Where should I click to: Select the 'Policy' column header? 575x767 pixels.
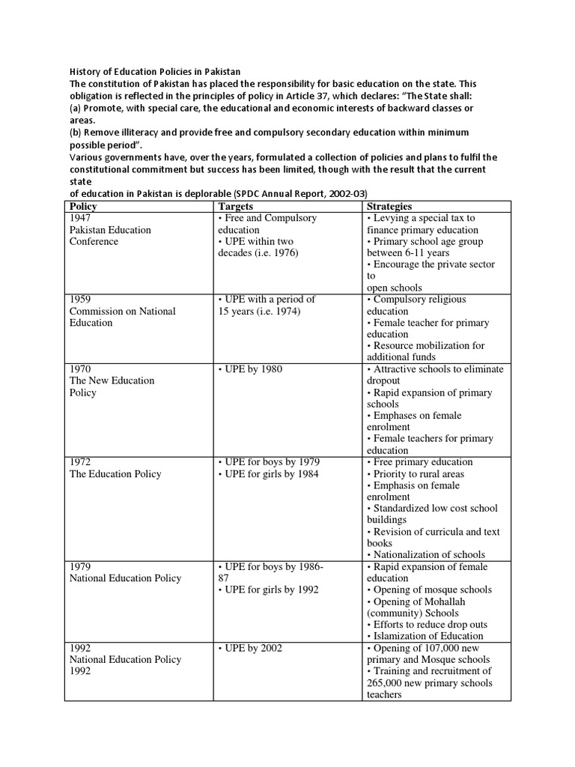coord(83,206)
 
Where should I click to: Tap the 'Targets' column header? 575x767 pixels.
coord(235,206)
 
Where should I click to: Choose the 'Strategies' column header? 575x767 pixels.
coord(389,206)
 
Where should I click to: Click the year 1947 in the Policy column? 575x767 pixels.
coord(81,218)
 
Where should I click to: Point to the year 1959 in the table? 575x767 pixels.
coord(81,299)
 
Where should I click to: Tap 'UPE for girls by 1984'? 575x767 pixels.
coord(267,474)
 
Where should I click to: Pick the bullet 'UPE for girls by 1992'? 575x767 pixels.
coord(267,589)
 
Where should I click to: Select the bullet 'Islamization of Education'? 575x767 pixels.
coord(425,636)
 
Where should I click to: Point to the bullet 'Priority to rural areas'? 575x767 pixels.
coord(416,474)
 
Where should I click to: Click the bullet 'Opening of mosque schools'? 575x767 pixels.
coord(429,589)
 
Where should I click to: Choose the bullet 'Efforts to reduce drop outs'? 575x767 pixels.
coord(427,625)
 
